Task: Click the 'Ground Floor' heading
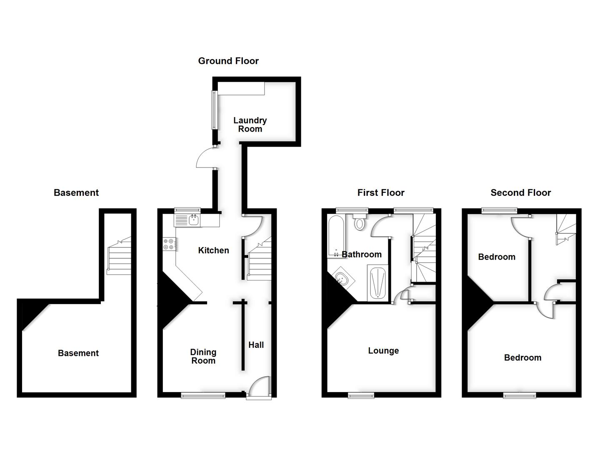tap(228, 61)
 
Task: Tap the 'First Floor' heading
tap(381, 192)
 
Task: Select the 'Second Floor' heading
tap(520, 192)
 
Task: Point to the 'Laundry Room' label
tap(250, 125)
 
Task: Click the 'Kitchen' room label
tap(213, 250)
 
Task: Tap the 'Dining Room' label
tap(203, 357)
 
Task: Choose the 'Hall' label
tap(256, 345)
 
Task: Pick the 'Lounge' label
tap(383, 351)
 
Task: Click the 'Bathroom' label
tap(362, 255)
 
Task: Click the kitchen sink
tap(193, 220)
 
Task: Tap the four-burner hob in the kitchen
tap(169, 244)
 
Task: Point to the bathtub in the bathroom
tap(336, 235)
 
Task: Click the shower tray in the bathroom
tap(378, 282)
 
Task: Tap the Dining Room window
tap(203, 395)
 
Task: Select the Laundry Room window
tap(214, 110)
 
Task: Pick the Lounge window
tap(361, 395)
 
